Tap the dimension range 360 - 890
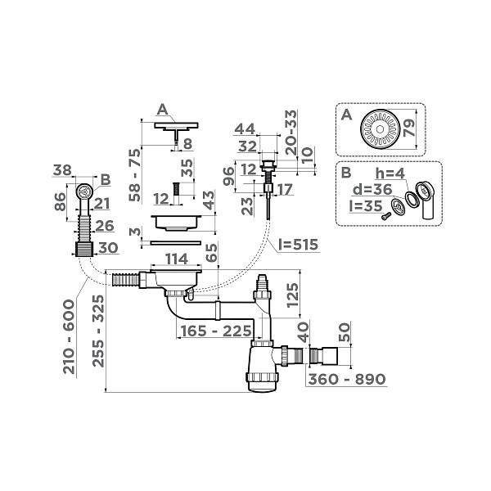coord(345,380)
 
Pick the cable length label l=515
coord(296,245)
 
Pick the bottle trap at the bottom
coord(264,369)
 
